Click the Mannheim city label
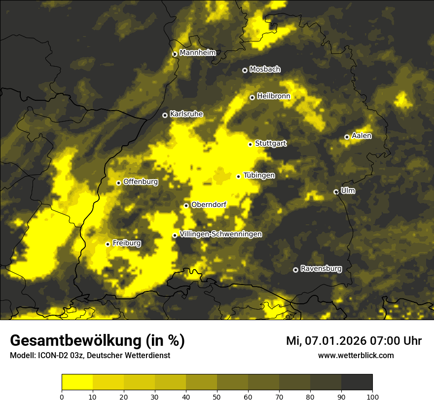tap(197, 53)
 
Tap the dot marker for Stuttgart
tap(250, 144)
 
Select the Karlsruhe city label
tap(186, 114)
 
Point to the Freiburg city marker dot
tap(108, 244)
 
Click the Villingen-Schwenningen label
tap(220, 234)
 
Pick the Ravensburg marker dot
tap(295, 270)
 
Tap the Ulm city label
tap(348, 191)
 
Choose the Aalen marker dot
tap(347, 137)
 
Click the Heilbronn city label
tap(274, 96)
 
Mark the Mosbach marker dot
tap(245, 70)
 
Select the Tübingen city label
tap(259, 175)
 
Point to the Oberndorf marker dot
tap(186, 205)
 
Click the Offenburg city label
tap(141, 182)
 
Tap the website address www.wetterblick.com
tap(356, 355)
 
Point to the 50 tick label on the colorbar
tap(217, 397)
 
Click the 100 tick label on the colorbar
tap(372, 397)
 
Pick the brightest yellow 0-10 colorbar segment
tap(77, 382)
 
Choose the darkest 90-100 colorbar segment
tap(357, 382)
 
